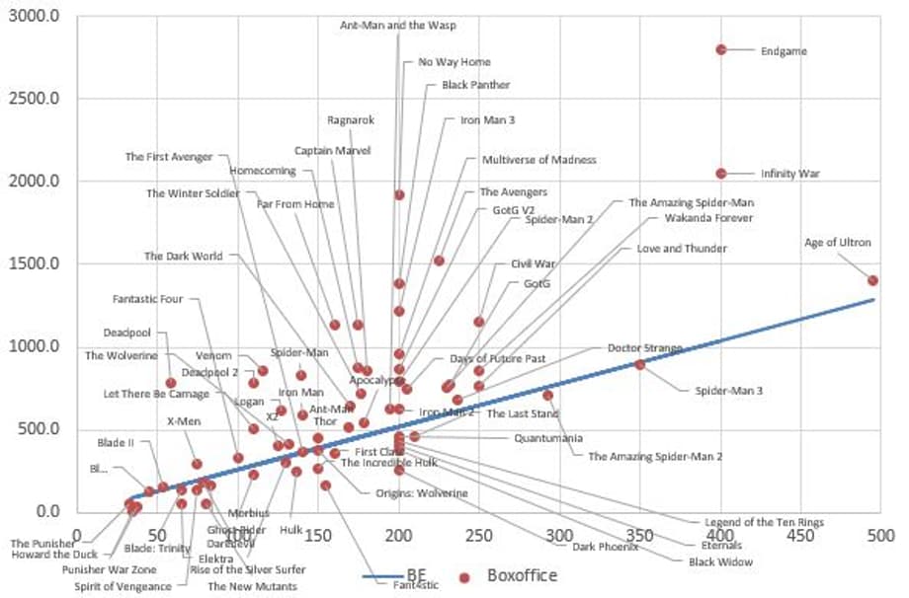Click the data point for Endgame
(721, 49)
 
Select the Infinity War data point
(721, 174)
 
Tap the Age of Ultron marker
(873, 280)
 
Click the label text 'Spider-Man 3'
(728, 391)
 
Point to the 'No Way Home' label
(454, 62)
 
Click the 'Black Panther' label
(476, 86)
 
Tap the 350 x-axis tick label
(641, 537)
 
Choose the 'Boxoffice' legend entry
(521, 575)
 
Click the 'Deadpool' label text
(126, 333)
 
